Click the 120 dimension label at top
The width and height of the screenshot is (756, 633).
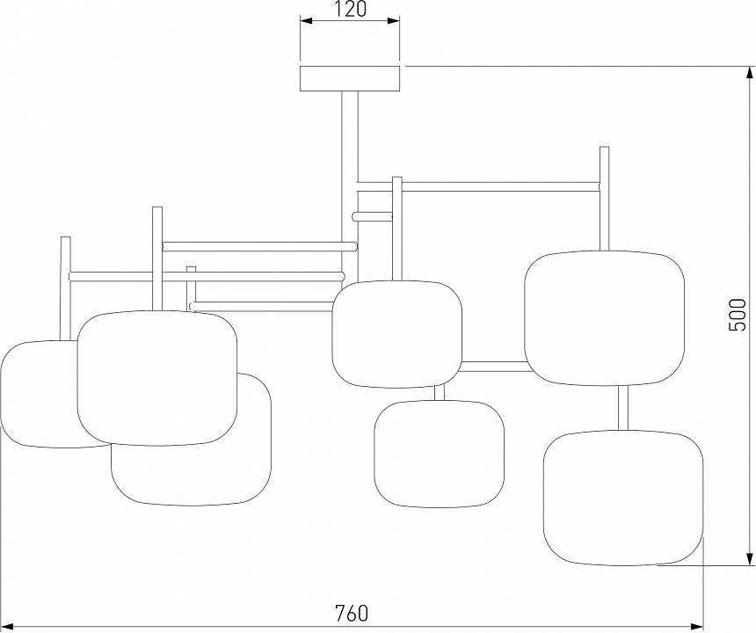[x=350, y=11]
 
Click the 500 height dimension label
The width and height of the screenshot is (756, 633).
[x=738, y=314]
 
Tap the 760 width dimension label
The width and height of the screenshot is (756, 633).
[x=351, y=612]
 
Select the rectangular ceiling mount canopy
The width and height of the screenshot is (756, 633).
[x=350, y=78]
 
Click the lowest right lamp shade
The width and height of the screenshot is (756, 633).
[x=622, y=497]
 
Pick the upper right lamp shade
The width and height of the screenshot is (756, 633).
[x=604, y=317]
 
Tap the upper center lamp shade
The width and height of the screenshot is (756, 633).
[x=396, y=333]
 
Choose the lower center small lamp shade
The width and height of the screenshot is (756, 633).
[x=439, y=453]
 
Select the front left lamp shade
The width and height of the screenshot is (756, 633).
[x=156, y=377]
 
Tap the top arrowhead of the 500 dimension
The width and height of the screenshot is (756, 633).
[x=749, y=74]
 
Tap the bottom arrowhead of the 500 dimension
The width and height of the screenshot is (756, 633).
[x=749, y=557]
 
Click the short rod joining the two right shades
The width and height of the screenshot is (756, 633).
[x=623, y=407]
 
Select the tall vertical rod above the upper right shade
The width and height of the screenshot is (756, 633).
[x=604, y=198]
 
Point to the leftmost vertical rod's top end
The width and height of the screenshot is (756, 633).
[x=64, y=239]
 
